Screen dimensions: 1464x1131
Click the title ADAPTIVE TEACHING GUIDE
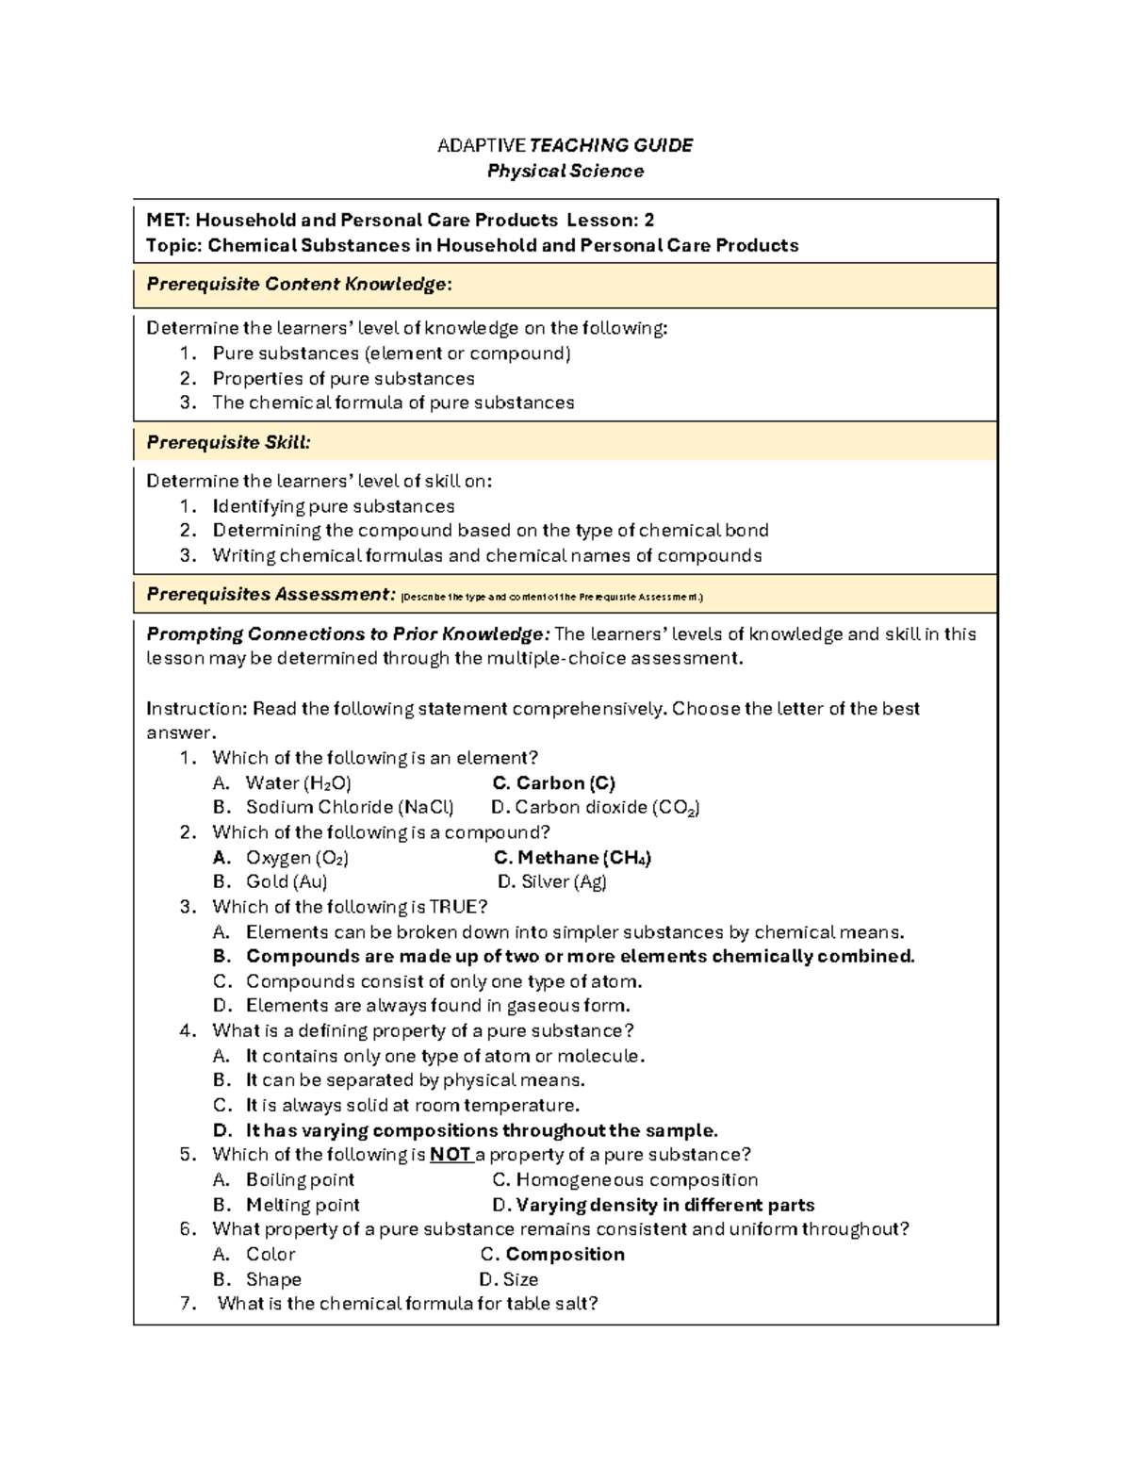pos(565,145)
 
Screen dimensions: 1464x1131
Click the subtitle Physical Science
pos(565,171)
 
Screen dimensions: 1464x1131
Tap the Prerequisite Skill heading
pos(228,442)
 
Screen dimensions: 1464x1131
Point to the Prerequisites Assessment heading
pos(270,595)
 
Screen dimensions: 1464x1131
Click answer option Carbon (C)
pos(554,783)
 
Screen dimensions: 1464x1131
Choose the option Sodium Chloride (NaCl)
pos(349,808)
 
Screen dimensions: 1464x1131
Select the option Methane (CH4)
pos(573,858)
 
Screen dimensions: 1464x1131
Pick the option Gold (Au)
pos(287,882)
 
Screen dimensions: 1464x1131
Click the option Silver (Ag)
pos(552,882)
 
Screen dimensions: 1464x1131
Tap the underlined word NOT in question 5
pos(450,1155)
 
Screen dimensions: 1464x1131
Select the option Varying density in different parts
pos(653,1205)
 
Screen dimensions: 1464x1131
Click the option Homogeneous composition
pos(625,1180)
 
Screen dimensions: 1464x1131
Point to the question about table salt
pos(407,1304)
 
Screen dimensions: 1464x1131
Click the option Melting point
pos(303,1205)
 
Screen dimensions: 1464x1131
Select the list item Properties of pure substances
pos(343,379)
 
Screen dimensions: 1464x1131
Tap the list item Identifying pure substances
pos(334,506)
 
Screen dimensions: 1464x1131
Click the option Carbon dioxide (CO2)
pos(596,808)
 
